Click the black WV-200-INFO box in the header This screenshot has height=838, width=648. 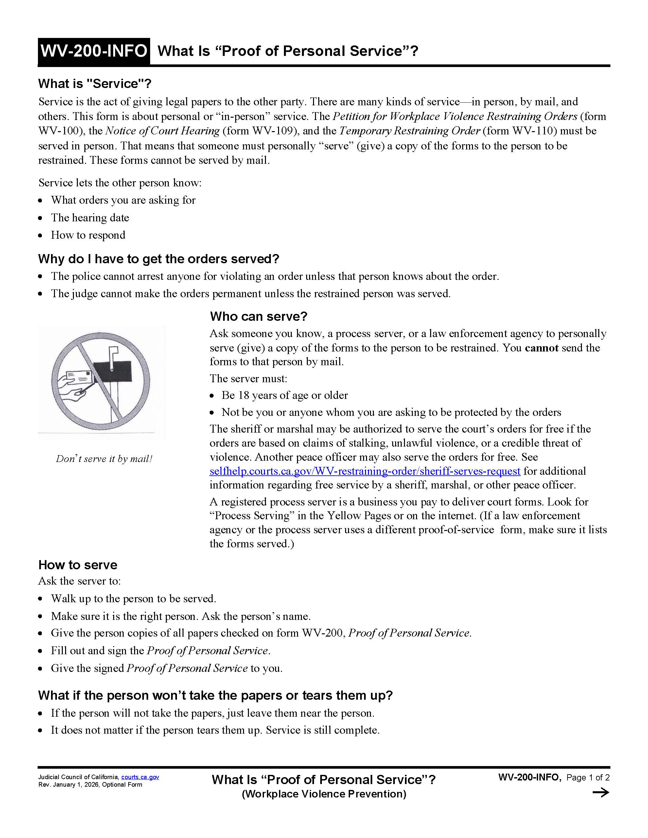pos(94,51)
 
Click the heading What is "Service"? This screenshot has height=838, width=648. pos(95,83)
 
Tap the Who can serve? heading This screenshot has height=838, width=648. pos(258,316)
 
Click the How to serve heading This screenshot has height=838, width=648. pos(78,564)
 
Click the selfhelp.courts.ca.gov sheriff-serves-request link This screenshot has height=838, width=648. pos(365,471)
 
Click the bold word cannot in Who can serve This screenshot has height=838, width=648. pos(541,348)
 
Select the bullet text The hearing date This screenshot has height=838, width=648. pos(90,217)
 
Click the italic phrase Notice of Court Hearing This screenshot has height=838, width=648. pos(162,131)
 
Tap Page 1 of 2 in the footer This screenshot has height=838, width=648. pos(588,778)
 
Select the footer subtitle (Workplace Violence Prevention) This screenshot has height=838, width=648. pos(324,794)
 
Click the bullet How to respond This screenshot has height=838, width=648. pos(88,235)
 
